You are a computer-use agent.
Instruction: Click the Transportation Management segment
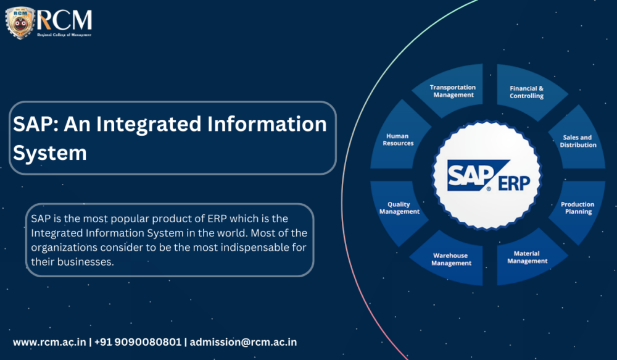click(x=453, y=91)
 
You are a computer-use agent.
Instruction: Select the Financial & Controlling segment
click(x=526, y=92)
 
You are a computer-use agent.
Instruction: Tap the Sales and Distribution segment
click(x=578, y=141)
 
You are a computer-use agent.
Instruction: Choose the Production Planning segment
click(x=578, y=207)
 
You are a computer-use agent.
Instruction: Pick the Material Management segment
click(x=527, y=257)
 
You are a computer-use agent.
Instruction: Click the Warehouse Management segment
click(x=451, y=259)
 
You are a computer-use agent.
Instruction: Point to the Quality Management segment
click(x=399, y=208)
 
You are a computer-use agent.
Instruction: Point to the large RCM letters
click(x=65, y=20)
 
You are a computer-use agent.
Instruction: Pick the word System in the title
click(x=50, y=152)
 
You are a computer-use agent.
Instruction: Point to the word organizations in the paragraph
click(x=60, y=247)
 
